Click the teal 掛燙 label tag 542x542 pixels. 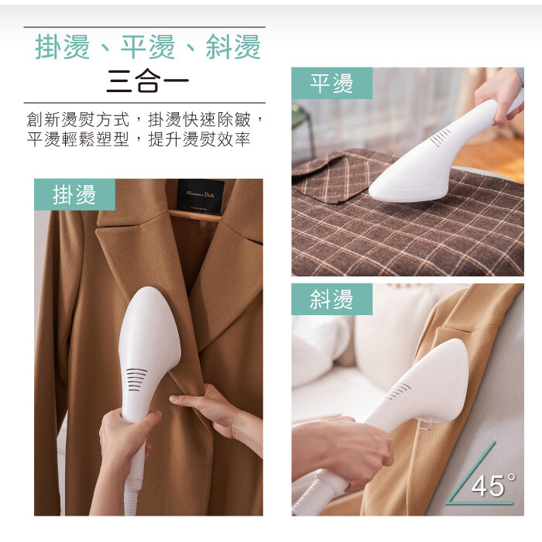(74, 194)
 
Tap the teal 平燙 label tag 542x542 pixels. (332, 84)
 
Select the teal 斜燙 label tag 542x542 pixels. (332, 300)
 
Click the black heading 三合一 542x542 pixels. (148, 81)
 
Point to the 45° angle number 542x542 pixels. (493, 485)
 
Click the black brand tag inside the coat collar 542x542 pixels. (200, 197)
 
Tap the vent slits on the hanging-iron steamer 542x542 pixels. (136, 379)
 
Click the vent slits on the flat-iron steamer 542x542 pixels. (441, 137)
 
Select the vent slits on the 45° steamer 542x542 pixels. (397, 391)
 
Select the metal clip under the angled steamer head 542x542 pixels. (426, 425)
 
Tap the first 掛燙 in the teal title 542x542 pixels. (62, 47)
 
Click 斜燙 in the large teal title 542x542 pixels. (233, 47)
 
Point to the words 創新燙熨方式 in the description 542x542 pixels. (78, 120)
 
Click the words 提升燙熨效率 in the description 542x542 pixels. (199, 139)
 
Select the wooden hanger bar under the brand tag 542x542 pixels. (196, 215)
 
